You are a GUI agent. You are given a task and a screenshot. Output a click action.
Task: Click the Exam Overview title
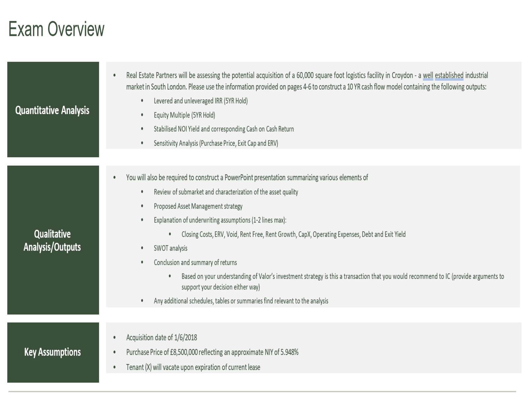point(56,29)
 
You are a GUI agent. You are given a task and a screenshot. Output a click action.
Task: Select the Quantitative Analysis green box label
point(52,110)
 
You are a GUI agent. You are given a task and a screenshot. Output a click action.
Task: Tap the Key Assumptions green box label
point(52,352)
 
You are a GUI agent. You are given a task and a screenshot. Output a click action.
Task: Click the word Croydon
point(402,75)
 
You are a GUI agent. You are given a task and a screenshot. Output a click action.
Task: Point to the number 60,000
point(305,75)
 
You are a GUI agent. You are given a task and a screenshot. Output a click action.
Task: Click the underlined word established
point(449,75)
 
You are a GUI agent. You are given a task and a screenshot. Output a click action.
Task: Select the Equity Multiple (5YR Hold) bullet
point(184,115)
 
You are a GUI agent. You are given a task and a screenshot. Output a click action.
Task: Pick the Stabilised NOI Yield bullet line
point(224,129)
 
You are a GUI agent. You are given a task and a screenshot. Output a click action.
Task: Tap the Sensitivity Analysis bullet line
point(216,143)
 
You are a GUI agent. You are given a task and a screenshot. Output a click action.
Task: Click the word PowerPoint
point(239,178)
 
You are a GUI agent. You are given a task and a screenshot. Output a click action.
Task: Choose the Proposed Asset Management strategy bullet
point(198,206)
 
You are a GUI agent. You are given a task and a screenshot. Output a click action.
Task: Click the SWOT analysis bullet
point(170,248)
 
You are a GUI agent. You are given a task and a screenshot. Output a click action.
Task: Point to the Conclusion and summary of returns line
point(195,263)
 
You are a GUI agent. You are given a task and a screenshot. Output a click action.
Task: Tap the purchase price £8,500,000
point(184,352)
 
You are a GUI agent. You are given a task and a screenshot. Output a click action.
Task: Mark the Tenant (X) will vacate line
point(193,367)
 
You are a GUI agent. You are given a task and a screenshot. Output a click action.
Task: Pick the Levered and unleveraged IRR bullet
point(201,101)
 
